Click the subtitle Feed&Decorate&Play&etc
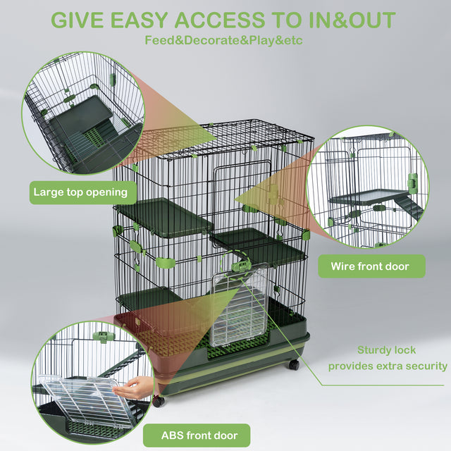point(223,39)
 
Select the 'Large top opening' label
point(80,192)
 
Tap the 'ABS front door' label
point(196,435)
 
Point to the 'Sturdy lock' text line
point(386,350)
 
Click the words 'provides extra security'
point(387,366)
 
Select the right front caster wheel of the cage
point(293,365)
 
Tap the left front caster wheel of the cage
point(159,401)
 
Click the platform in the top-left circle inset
point(81,116)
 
